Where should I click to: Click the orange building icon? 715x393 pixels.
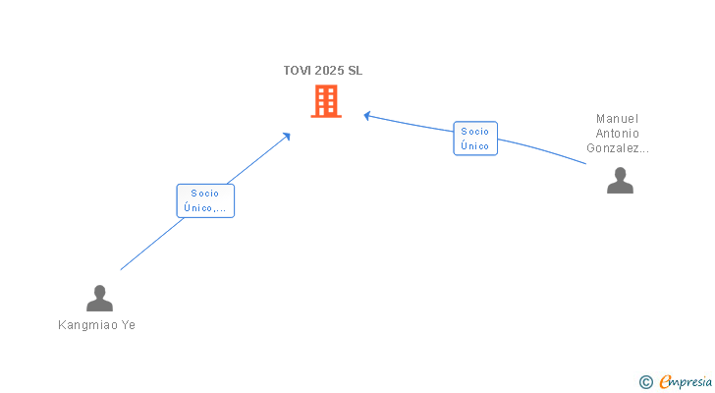(x=326, y=101)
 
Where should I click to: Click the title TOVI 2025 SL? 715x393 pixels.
(x=323, y=71)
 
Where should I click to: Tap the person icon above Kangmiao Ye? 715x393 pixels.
(x=99, y=298)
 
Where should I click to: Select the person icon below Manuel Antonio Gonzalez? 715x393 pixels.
(x=620, y=181)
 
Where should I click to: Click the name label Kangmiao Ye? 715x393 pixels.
(x=97, y=325)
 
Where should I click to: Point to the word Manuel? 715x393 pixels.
(x=618, y=119)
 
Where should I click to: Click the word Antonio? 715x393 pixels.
(x=618, y=134)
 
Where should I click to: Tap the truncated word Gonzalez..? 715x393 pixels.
(x=618, y=148)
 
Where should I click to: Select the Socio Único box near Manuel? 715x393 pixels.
(x=475, y=139)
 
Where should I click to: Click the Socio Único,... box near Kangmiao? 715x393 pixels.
(x=205, y=200)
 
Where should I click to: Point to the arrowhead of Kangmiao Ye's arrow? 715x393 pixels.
(x=287, y=135)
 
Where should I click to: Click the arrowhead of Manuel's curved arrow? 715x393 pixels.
(x=366, y=116)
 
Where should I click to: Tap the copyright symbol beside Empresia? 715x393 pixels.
(x=645, y=382)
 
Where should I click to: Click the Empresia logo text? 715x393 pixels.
(x=685, y=382)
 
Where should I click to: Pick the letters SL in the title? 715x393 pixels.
(x=355, y=71)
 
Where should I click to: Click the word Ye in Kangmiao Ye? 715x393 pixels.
(x=128, y=325)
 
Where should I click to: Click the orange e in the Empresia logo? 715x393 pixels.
(x=665, y=382)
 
